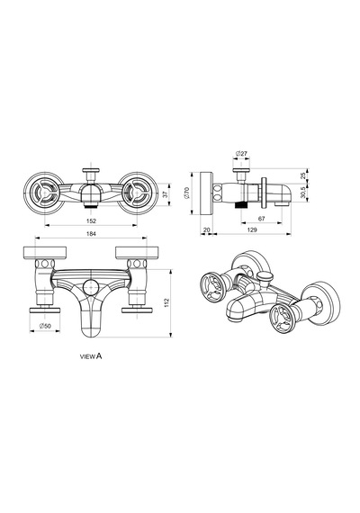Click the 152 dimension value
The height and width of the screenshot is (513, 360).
91,220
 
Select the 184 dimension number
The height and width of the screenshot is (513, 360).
91,234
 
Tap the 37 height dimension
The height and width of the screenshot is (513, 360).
166,194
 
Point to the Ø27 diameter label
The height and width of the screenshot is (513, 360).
241,153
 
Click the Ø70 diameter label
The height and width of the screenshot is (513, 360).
187,193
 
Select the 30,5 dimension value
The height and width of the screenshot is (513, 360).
302,193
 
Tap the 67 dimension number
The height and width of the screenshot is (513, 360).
261,219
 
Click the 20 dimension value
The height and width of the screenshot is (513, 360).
206,229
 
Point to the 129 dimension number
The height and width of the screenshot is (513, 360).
252,229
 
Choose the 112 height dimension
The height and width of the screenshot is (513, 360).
166,302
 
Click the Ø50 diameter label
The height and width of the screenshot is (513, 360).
45,326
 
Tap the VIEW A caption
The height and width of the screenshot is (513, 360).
91,356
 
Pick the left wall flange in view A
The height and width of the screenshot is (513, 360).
45,253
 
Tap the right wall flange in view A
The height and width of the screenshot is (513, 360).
138,253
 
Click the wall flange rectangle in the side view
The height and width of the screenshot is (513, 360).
206,193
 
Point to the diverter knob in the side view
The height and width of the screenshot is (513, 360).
241,170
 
